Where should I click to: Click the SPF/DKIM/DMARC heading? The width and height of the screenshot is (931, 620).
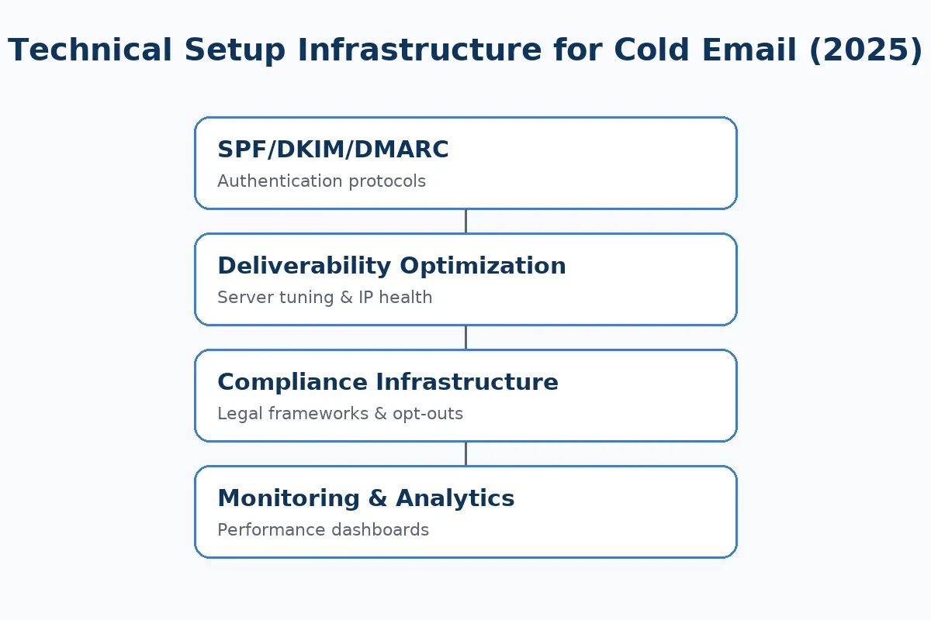coord(333,150)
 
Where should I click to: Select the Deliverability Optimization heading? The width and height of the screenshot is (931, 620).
coord(391,266)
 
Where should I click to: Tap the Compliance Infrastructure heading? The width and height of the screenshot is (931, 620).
coord(387,382)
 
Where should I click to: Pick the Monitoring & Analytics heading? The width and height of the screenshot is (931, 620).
coord(365,498)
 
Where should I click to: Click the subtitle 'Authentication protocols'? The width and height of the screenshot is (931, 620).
coord(321,181)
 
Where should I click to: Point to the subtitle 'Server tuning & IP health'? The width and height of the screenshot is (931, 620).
coord(324,298)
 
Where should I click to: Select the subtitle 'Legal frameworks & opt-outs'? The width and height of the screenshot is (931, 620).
coord(340,414)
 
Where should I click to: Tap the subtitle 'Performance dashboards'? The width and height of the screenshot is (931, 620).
coord(323,530)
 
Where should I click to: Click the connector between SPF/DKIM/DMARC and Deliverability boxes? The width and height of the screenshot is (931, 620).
coord(465,221)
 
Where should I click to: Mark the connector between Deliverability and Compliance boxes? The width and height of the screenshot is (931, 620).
coord(465,337)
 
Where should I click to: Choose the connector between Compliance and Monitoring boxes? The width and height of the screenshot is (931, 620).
coord(465,453)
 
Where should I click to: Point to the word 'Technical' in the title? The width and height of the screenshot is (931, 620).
coord(90,50)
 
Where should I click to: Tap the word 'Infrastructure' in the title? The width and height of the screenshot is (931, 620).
coord(419,50)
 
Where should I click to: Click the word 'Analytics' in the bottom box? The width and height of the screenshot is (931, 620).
coord(455,498)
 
